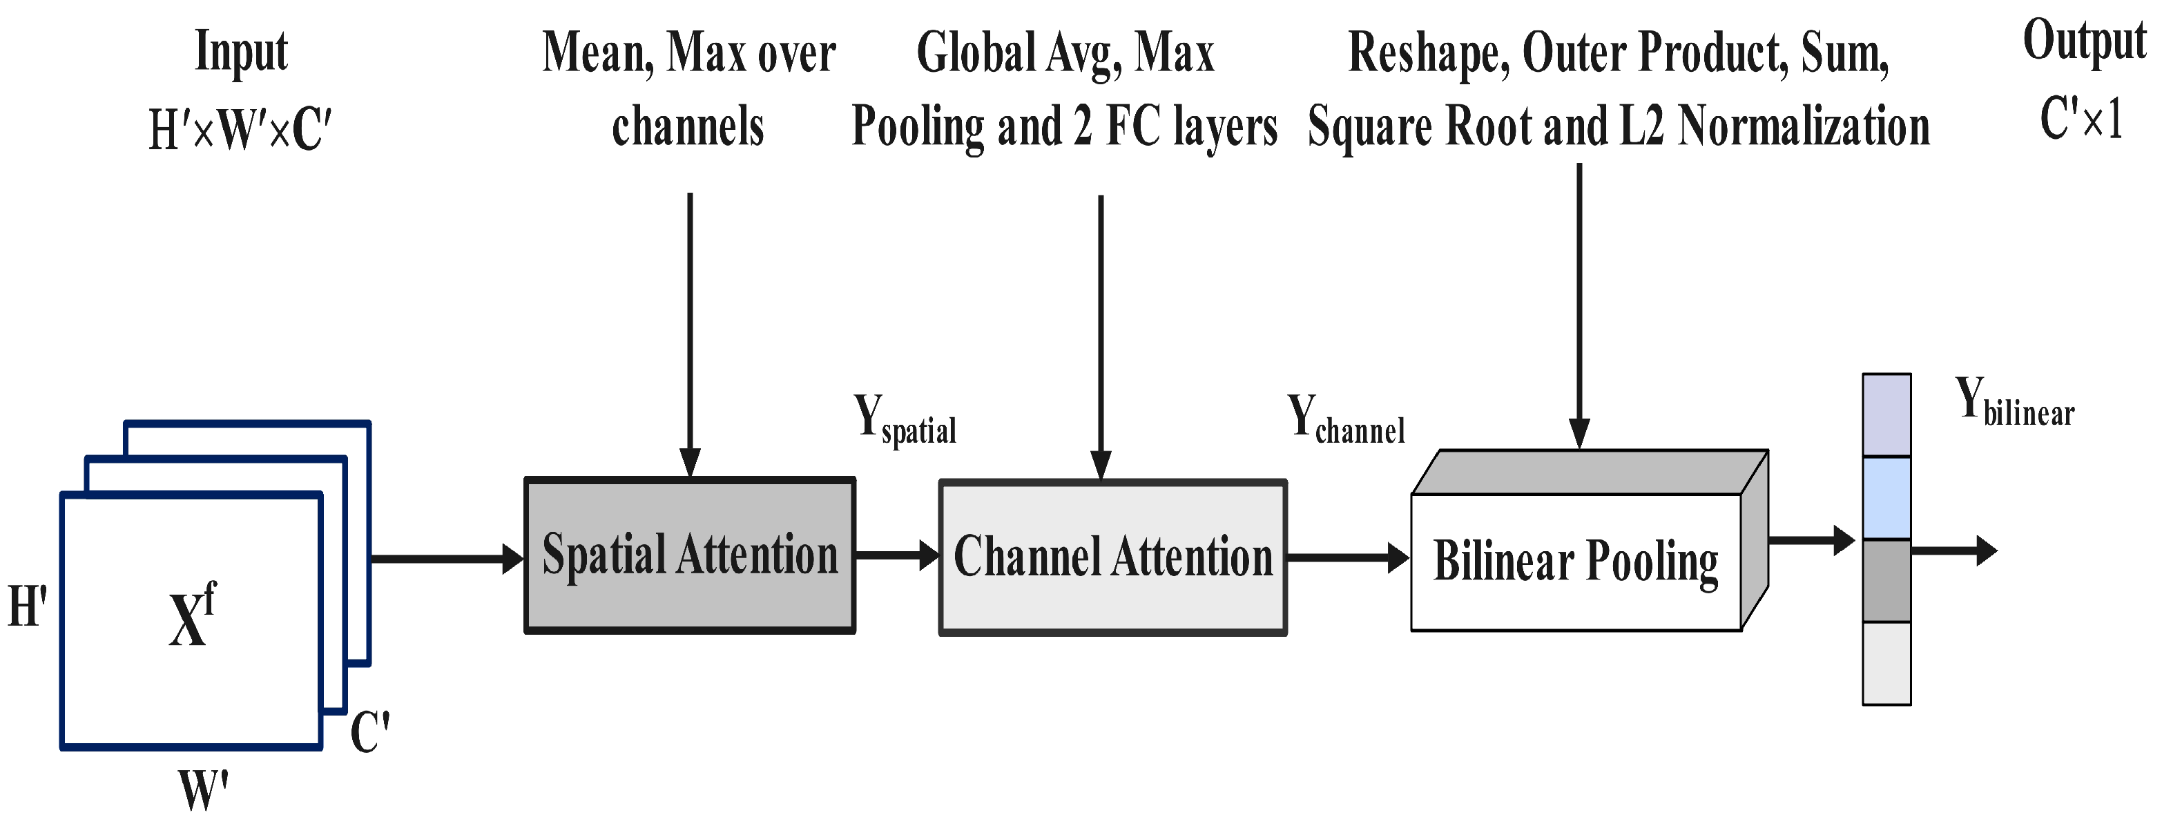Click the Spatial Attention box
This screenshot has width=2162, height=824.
[x=689, y=555]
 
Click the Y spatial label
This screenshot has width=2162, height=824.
[x=904, y=419]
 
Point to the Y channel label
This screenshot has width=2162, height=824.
[x=1344, y=419]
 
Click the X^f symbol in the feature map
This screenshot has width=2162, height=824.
[x=191, y=617]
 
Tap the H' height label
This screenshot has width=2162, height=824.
[x=27, y=606]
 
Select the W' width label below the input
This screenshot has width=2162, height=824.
[x=203, y=790]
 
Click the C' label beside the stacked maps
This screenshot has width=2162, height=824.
[x=369, y=731]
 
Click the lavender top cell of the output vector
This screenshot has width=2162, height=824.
[x=1886, y=415]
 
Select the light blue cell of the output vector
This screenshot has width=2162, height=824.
[x=1886, y=497]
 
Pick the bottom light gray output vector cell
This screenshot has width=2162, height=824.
[x=1886, y=663]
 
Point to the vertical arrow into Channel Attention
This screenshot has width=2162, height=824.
[x=1100, y=336]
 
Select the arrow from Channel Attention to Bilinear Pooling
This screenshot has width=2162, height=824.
[x=1347, y=557]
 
